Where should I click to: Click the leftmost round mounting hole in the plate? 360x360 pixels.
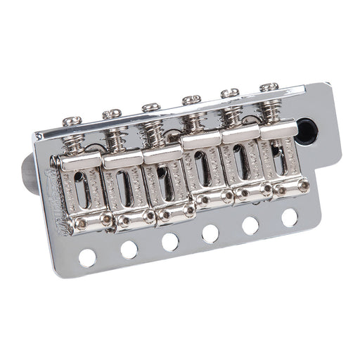(x=87, y=257)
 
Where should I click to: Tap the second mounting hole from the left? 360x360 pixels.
(x=129, y=250)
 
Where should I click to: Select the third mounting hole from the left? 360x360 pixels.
(x=169, y=241)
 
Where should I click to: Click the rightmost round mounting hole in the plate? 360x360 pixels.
(x=289, y=217)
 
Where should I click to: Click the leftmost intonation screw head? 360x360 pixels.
(x=72, y=122)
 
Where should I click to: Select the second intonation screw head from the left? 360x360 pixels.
(x=112, y=113)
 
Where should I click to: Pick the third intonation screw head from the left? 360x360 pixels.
(x=151, y=107)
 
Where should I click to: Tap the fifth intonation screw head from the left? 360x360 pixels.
(x=230, y=93)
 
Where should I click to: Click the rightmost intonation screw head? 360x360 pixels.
(x=269, y=87)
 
